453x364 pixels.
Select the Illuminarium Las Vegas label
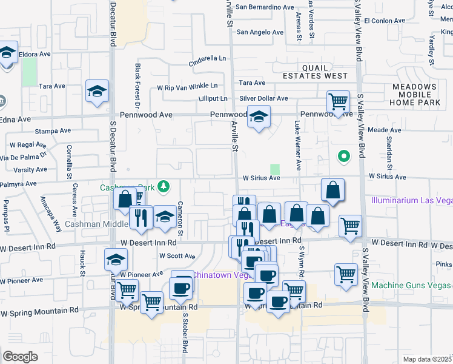point(412,200)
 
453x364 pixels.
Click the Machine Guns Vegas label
point(412,285)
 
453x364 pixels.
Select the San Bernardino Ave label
point(265,7)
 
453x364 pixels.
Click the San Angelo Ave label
point(260,32)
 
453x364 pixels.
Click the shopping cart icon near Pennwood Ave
point(338,101)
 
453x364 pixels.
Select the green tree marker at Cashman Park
point(163,186)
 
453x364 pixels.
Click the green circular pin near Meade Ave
point(344,157)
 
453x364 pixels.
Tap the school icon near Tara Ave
point(97,91)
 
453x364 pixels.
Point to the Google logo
point(20,356)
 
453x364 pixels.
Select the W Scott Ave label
point(177,257)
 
